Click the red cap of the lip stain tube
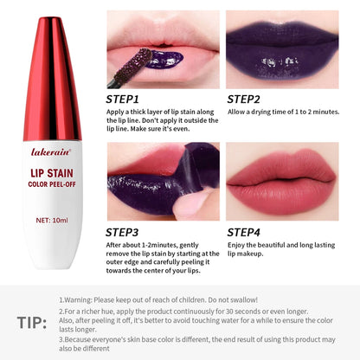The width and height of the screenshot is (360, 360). pyautogui.click(x=53, y=61)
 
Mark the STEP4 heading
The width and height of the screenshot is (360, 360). pyautogui.click(x=246, y=232)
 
